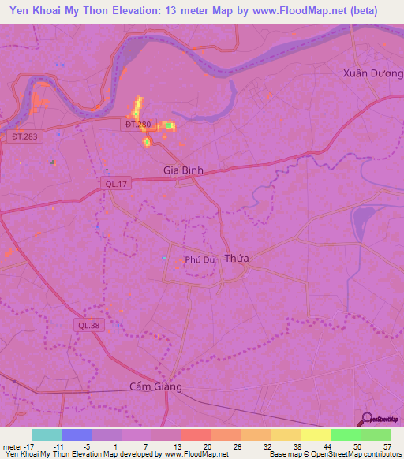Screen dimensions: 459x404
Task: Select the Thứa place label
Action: pyautogui.click(x=236, y=259)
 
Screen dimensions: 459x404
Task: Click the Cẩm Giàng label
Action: pyautogui.click(x=155, y=386)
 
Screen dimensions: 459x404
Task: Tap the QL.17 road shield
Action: pyautogui.click(x=114, y=183)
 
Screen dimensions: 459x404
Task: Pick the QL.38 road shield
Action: pyautogui.click(x=88, y=324)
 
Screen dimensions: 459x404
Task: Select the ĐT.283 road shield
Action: pyautogui.click(x=24, y=136)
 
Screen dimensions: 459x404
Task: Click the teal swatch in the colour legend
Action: pyautogui.click(x=47, y=435)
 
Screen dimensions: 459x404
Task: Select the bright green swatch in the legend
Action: pyautogui.click(x=346, y=435)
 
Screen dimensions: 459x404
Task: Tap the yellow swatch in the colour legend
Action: pyautogui.click(x=316, y=435)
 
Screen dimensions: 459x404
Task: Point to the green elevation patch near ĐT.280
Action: pyautogui.click(x=168, y=125)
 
